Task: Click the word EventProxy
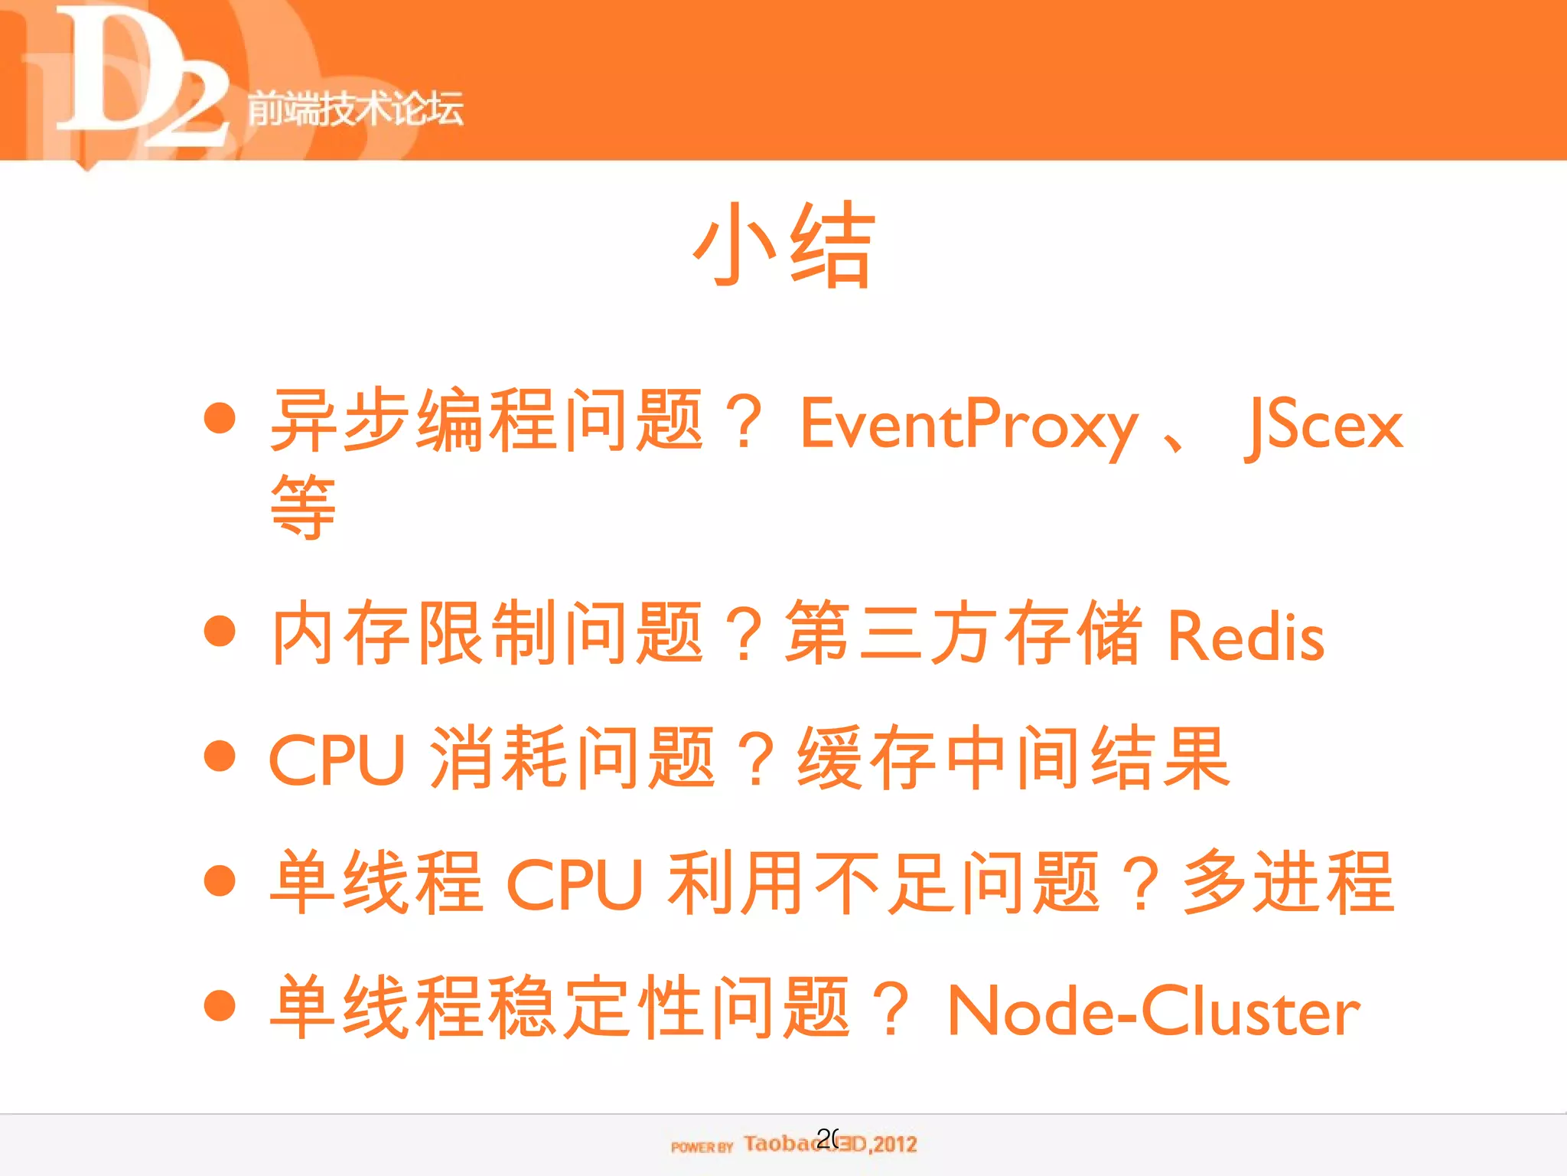969,425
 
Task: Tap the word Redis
1246,635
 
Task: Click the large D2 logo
138,80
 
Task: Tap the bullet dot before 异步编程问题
220,418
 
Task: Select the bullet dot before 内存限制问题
220,631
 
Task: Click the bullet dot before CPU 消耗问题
220,756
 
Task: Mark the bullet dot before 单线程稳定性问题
220,1005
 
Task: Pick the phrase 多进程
1288,883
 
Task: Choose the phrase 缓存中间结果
1013,758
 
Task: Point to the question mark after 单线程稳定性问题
891,1009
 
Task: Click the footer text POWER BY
702,1146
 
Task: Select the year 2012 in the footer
895,1145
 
